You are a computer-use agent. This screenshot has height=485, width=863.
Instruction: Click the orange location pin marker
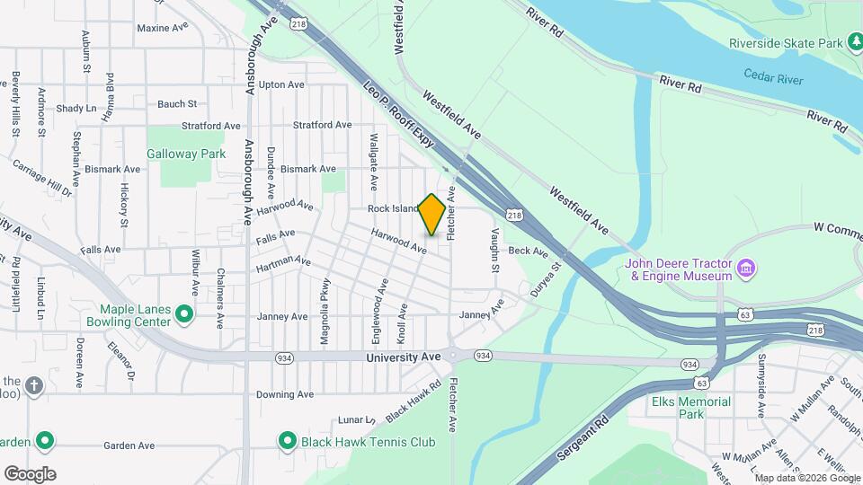(432, 215)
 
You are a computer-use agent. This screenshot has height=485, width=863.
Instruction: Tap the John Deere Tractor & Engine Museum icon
(745, 268)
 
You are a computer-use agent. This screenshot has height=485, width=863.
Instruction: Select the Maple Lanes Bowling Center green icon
(184, 313)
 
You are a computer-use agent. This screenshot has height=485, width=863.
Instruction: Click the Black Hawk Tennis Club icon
(288, 441)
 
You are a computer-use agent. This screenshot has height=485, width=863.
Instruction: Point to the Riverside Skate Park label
(786, 42)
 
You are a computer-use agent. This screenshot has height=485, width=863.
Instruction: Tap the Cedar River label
(773, 79)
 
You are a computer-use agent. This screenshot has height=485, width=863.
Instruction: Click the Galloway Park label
(186, 154)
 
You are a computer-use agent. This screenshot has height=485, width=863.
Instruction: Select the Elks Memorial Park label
(691, 408)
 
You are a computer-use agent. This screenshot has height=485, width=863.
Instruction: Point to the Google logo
(30, 474)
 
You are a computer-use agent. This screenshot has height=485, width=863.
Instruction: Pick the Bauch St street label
(176, 104)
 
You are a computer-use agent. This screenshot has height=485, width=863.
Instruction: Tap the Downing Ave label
(284, 394)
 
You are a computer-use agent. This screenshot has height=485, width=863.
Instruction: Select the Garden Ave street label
(129, 445)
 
